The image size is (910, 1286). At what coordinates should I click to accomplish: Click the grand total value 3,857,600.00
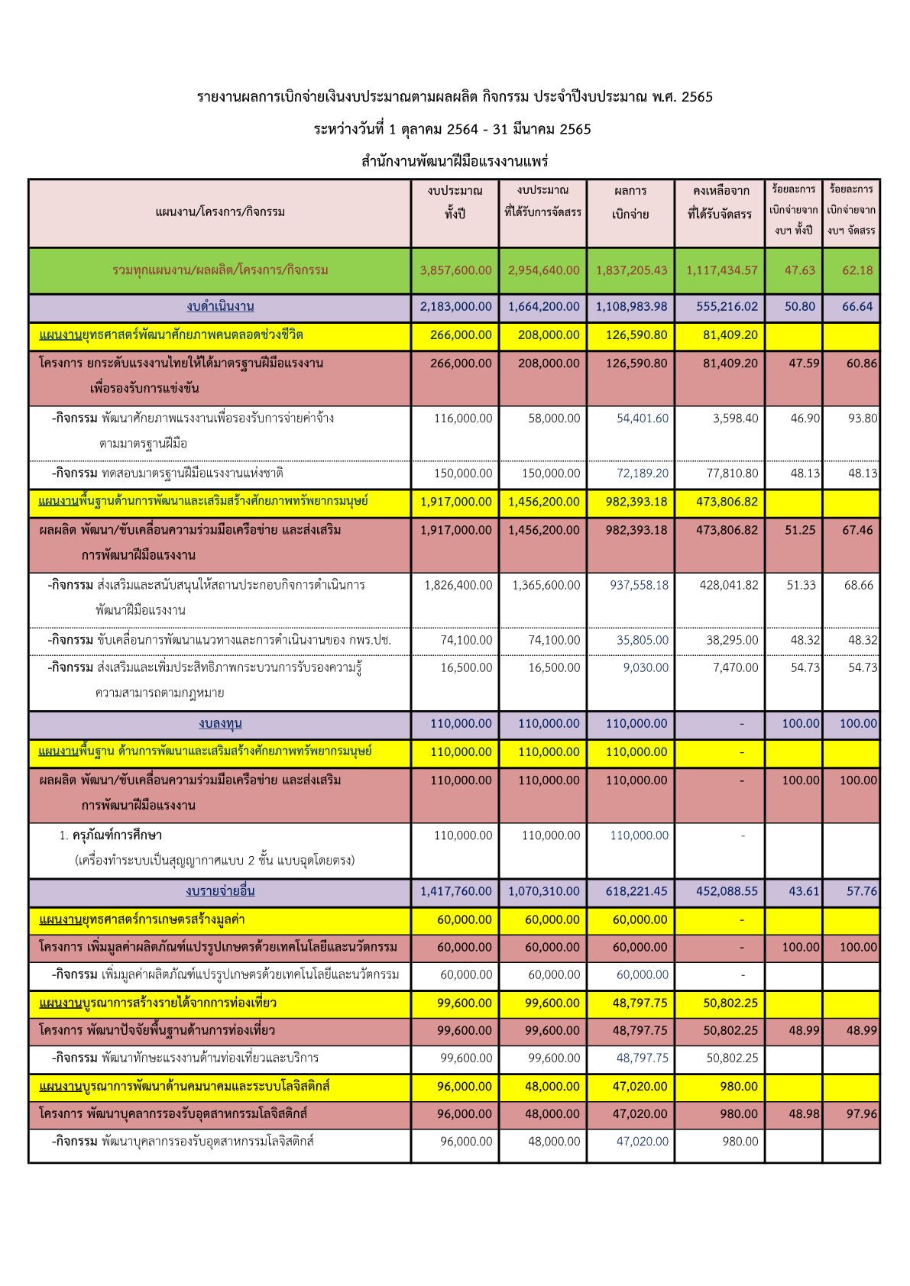point(455,270)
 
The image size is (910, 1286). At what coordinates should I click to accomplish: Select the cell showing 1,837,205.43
point(631,270)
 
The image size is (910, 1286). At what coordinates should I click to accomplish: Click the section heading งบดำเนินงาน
point(220,307)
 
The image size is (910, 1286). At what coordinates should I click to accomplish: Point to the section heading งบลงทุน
point(220,724)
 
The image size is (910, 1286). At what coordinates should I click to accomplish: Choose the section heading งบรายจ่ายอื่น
point(220,891)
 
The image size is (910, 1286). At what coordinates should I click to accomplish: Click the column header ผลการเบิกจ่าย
point(630,202)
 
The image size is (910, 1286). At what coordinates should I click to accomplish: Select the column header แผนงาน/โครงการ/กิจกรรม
point(220,212)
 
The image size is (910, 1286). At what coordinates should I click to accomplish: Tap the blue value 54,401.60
point(642,418)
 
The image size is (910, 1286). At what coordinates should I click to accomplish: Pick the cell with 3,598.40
point(735,418)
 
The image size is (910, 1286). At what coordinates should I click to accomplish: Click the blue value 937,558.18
point(639,585)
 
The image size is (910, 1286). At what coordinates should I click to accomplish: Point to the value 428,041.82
point(729,585)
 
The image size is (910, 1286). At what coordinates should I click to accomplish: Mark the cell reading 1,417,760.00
point(455,891)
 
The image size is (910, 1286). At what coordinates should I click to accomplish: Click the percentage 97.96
point(861,1114)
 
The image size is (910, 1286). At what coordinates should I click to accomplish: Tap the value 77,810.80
point(732,473)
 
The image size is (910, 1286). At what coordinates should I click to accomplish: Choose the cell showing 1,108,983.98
point(631,307)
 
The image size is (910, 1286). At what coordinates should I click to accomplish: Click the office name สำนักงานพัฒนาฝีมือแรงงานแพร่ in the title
point(455,162)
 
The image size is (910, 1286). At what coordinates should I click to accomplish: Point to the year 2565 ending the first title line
point(696,97)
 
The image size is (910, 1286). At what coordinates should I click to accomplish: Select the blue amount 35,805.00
point(642,641)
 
